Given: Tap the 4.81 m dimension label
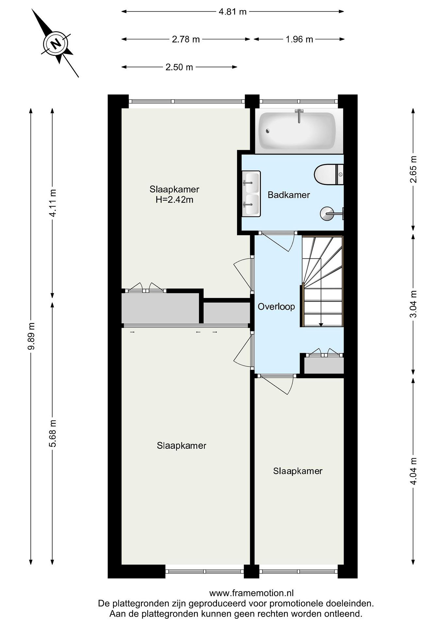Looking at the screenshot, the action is tap(232, 12).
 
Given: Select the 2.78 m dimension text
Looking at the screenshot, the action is tap(186, 39).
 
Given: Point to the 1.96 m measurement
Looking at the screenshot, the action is tap(299, 39).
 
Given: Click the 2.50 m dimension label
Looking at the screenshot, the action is tap(179, 67).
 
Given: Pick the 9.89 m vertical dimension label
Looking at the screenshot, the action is tap(31, 336).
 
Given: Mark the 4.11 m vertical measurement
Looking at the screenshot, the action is tap(53, 203).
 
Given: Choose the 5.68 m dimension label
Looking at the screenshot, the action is tap(53, 434).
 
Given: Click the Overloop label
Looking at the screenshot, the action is tap(276, 307).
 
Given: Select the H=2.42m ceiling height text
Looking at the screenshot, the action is tap(174, 200).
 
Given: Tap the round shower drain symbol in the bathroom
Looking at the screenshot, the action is tap(327, 213).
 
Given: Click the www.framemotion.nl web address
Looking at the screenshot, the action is tap(251, 593).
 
